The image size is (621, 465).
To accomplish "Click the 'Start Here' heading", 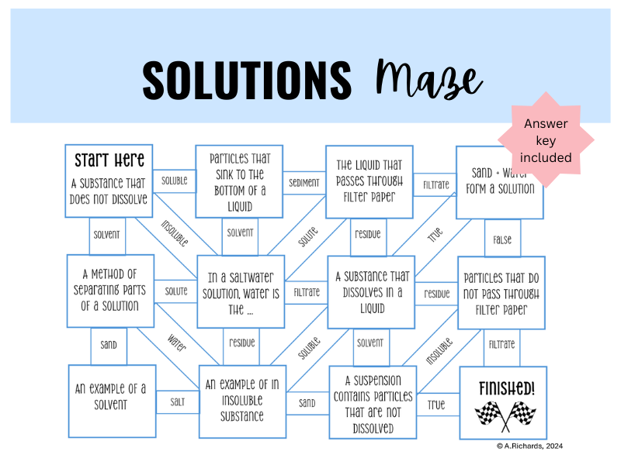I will pyautogui.click(x=109, y=161).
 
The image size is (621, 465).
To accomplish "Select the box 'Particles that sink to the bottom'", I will pyautogui.click(x=238, y=182).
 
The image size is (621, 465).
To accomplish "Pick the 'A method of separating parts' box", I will pyautogui.click(x=110, y=291).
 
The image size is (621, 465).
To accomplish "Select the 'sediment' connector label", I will pyautogui.click(x=304, y=184).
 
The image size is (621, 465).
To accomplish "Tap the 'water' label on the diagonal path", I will pyautogui.click(x=177, y=343).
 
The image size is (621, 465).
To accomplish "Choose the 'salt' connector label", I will pyautogui.click(x=177, y=401).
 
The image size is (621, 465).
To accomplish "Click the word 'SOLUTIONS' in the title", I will pyautogui.click(x=247, y=77).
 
